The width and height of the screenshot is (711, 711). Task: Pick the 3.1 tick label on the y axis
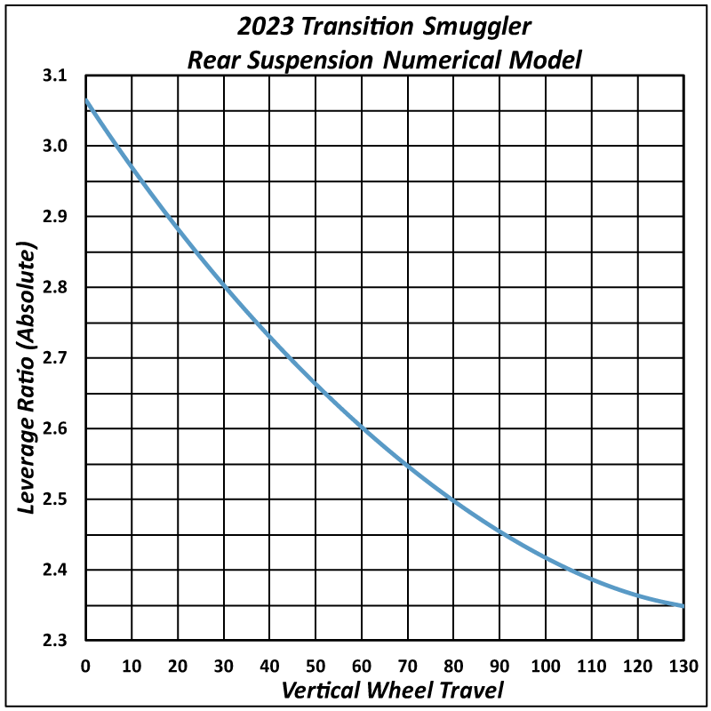(54, 76)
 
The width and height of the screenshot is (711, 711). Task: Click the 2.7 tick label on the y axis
(54, 358)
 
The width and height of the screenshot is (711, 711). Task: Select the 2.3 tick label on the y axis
(54, 640)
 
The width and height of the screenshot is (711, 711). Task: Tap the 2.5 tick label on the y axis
(54, 499)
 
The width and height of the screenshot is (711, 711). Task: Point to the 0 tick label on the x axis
(86, 665)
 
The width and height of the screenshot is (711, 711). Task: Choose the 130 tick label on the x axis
(682, 665)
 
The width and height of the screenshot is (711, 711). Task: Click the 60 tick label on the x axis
(362, 665)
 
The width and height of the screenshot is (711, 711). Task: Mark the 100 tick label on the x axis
(545, 665)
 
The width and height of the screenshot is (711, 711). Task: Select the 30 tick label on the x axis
(224, 665)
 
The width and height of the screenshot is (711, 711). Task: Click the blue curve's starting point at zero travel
(87, 100)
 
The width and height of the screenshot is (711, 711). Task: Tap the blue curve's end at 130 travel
(682, 605)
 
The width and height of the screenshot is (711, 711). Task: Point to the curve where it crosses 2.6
(362, 428)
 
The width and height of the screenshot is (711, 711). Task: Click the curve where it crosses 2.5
(453, 499)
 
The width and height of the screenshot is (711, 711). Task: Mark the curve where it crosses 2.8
(224, 287)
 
